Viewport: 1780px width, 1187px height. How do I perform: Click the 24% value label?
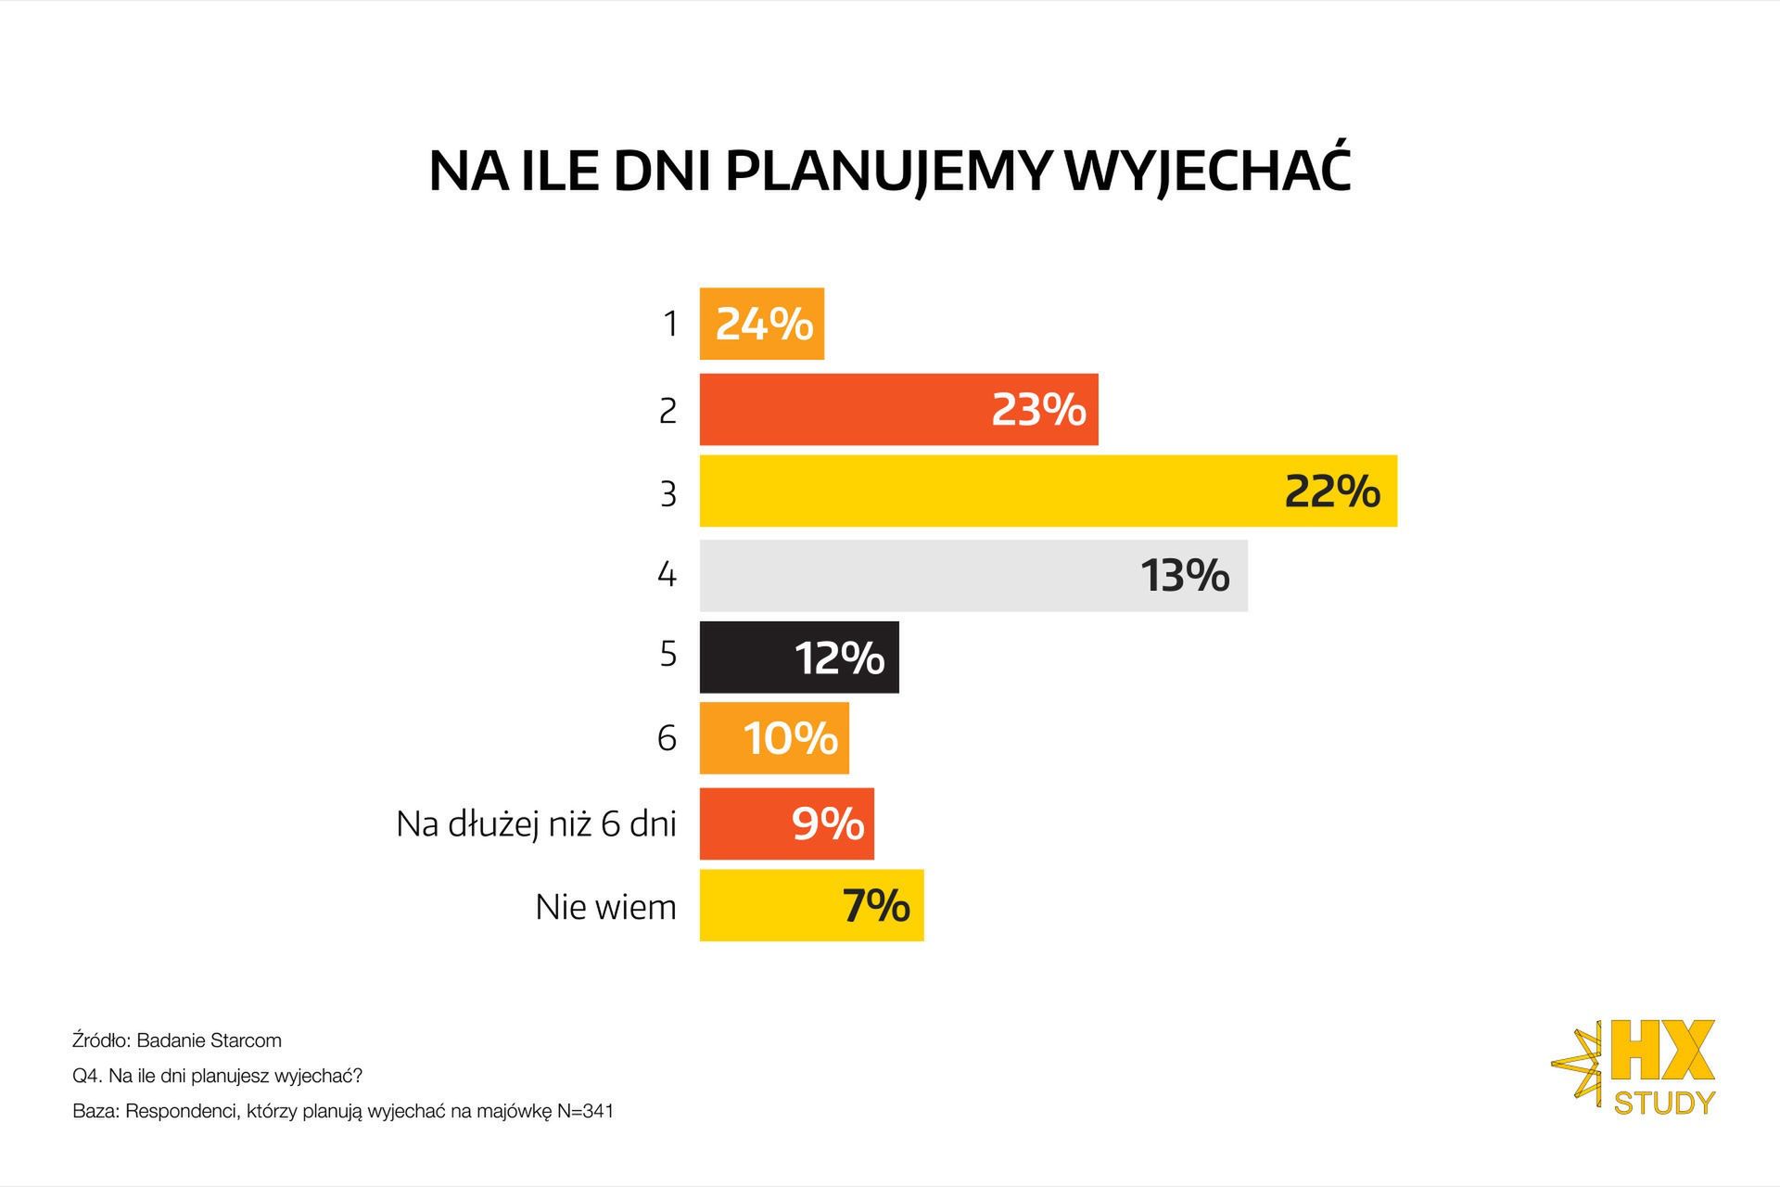point(764,325)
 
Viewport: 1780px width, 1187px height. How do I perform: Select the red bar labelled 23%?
point(897,410)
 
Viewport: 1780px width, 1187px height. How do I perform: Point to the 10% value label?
point(790,738)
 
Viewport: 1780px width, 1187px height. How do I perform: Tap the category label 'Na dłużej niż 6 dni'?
point(536,823)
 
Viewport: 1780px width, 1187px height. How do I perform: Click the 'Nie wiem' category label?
point(605,906)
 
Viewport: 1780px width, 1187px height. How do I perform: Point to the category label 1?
point(669,325)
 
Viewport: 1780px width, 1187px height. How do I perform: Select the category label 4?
point(667,575)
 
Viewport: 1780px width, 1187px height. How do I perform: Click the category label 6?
point(667,738)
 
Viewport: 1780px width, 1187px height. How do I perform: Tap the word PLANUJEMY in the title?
point(887,171)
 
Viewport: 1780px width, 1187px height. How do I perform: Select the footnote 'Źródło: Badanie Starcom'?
point(176,1040)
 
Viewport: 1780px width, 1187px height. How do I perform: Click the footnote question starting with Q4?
point(217,1076)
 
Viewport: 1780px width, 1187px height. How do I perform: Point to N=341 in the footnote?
point(585,1111)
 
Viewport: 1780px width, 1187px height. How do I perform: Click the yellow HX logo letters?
point(1662,1052)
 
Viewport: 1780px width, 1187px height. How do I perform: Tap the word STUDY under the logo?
point(1664,1103)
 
